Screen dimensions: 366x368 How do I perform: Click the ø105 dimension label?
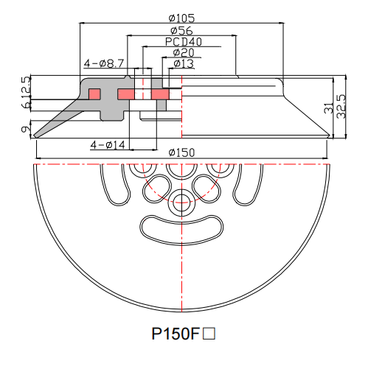[x=181, y=18]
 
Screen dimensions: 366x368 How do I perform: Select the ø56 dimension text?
[x=181, y=30]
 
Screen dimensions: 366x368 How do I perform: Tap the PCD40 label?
[x=181, y=42]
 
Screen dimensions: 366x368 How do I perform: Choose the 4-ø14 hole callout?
[x=108, y=144]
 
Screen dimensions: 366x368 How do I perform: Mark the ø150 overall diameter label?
[x=181, y=152]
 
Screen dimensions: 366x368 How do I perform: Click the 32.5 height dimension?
[x=340, y=107]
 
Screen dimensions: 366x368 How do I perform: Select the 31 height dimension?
[x=328, y=107]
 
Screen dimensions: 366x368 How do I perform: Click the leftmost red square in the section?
[x=94, y=94]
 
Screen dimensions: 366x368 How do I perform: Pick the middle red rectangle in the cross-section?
[x=126, y=94]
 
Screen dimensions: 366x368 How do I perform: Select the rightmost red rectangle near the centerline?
[x=159, y=94]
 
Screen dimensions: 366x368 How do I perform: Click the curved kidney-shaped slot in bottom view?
[x=181, y=229]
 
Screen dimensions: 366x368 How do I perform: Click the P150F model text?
[x=176, y=334]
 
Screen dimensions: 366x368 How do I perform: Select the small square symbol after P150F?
[x=209, y=334]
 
